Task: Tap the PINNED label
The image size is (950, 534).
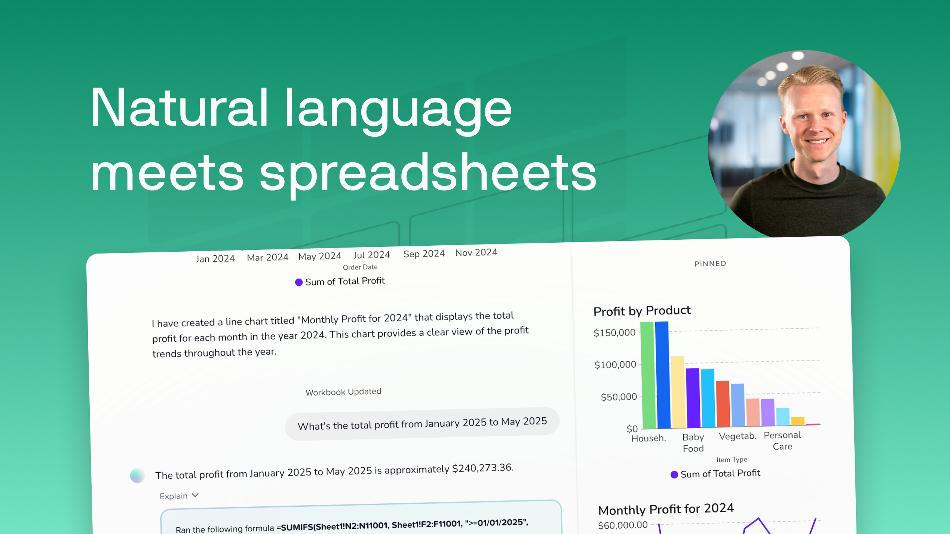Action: pyautogui.click(x=710, y=264)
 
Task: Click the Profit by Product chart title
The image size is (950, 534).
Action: pyautogui.click(x=642, y=311)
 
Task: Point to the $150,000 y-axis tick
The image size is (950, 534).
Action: pyautogui.click(x=614, y=332)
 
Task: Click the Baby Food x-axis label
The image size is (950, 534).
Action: pyautogui.click(x=693, y=443)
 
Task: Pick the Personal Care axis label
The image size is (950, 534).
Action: pyautogui.click(x=782, y=441)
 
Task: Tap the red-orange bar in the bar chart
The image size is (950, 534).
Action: pyautogui.click(x=723, y=403)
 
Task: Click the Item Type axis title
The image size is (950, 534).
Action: pyautogui.click(x=732, y=460)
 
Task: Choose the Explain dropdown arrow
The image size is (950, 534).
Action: pyautogui.click(x=195, y=495)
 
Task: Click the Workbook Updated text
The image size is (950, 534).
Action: pyautogui.click(x=343, y=392)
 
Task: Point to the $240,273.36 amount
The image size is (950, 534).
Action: pyautogui.click(x=482, y=468)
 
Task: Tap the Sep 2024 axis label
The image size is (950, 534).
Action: pyautogui.click(x=424, y=254)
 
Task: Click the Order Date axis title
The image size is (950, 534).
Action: pyautogui.click(x=360, y=267)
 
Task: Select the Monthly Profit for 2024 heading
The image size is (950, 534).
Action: pyautogui.click(x=666, y=509)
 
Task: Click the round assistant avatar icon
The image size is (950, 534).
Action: pyautogui.click(x=137, y=475)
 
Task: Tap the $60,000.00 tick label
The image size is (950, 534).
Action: pyautogui.click(x=623, y=525)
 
